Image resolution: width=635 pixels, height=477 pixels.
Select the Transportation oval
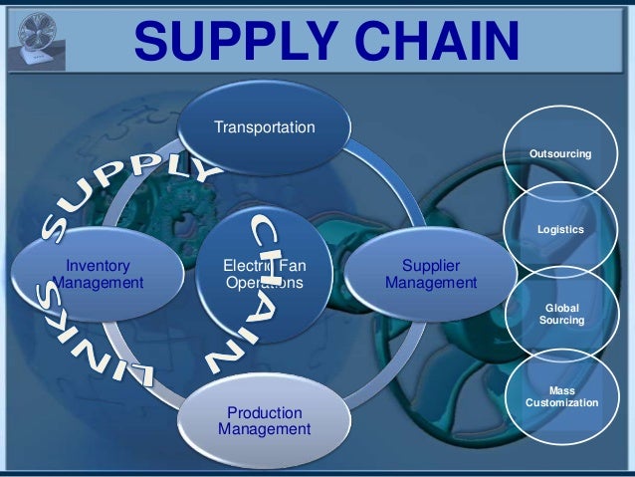pos(264,127)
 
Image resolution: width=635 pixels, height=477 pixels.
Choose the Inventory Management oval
pos(97,274)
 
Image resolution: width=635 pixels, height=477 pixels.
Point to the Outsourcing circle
pos(560,154)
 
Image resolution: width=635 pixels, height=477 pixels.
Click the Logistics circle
pos(560,230)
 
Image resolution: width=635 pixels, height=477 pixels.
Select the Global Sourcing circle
pos(561,315)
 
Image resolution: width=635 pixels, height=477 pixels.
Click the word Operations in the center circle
pos(264,283)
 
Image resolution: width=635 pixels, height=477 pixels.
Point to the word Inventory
pos(97,265)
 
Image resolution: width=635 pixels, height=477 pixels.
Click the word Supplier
pos(430,265)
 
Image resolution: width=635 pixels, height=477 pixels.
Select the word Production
pos(264,412)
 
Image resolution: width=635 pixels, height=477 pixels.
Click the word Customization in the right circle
pos(560,403)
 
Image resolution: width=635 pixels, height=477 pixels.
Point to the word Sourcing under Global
pos(561,322)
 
